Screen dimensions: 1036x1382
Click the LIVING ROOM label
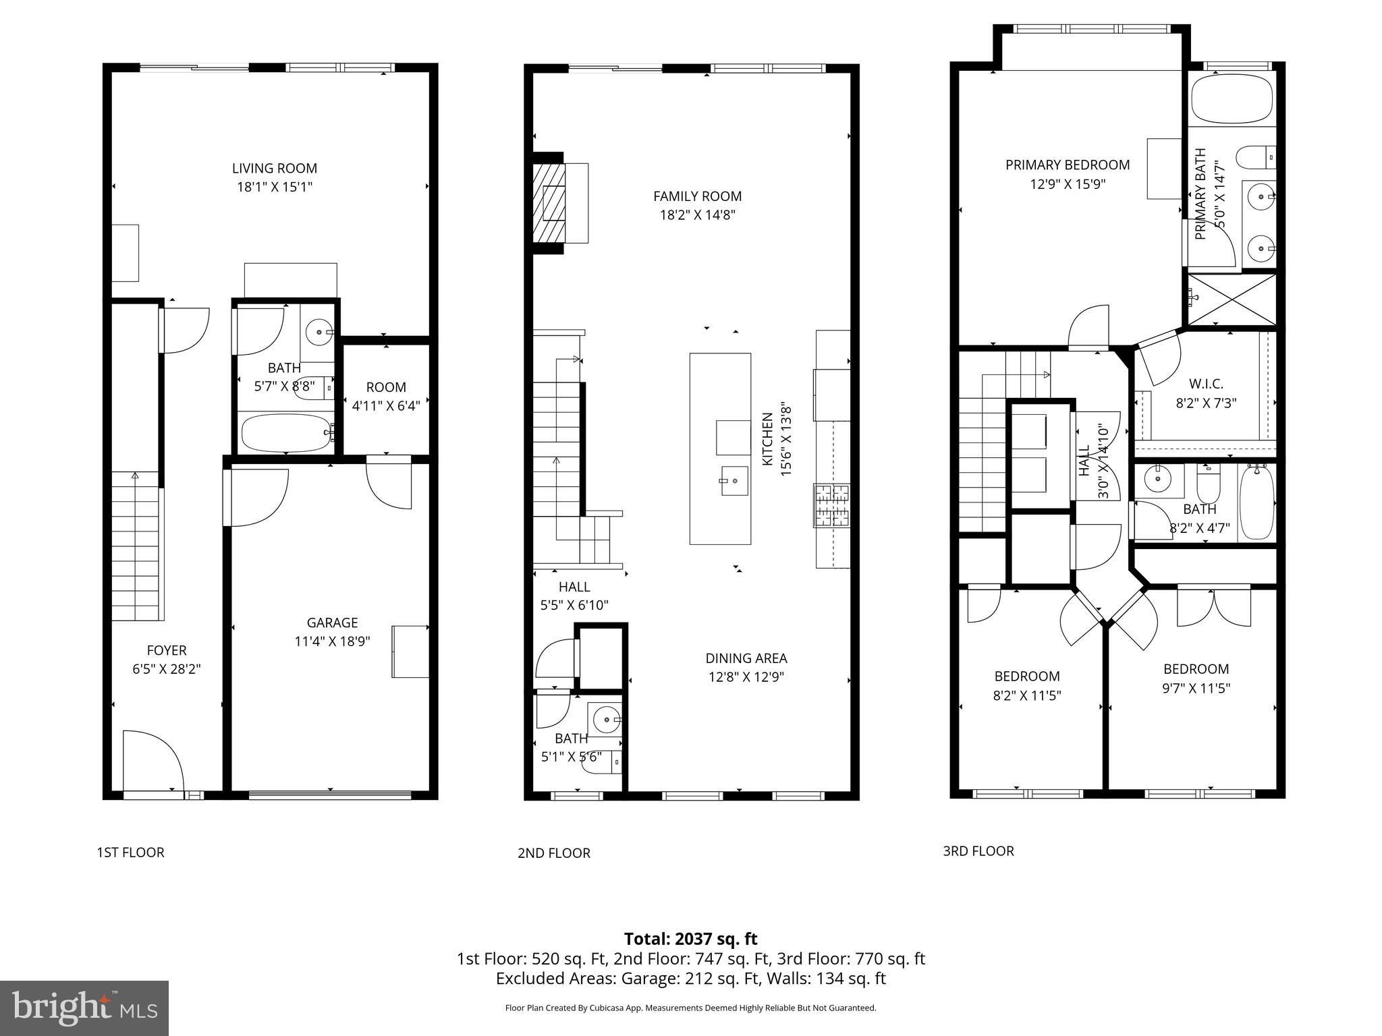pyautogui.click(x=274, y=169)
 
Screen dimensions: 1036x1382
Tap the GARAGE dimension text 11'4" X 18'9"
pyautogui.click(x=332, y=641)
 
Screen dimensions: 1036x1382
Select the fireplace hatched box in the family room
pyautogui.click(x=548, y=203)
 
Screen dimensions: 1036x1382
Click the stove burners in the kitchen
pyautogui.click(x=832, y=505)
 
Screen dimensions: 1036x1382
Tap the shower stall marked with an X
pyautogui.click(x=1232, y=299)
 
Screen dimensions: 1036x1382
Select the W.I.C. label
pyautogui.click(x=1206, y=384)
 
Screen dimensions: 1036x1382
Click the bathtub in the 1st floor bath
pyautogui.click(x=286, y=433)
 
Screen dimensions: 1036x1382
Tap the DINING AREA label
pyautogui.click(x=746, y=658)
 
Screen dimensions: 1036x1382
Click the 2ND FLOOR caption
pyautogui.click(x=553, y=853)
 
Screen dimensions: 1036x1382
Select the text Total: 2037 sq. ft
pyautogui.click(x=690, y=939)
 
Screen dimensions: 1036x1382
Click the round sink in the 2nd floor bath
pyautogui.click(x=605, y=720)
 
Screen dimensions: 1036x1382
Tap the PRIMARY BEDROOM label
pyautogui.click(x=1067, y=165)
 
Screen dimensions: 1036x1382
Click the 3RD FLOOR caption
pyautogui.click(x=978, y=851)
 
